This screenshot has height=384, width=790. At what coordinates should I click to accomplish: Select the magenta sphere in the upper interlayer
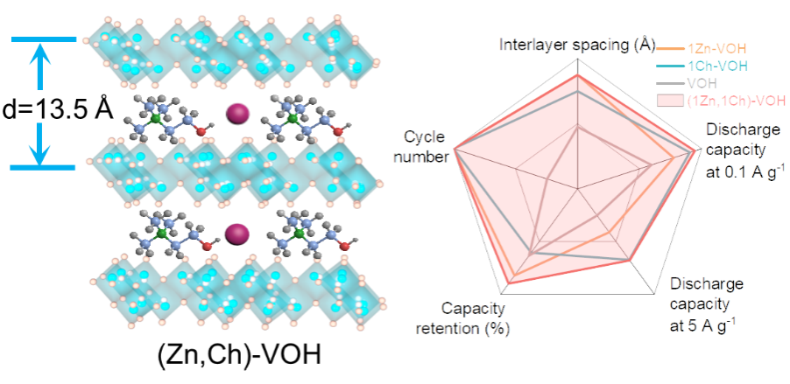click(237, 114)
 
